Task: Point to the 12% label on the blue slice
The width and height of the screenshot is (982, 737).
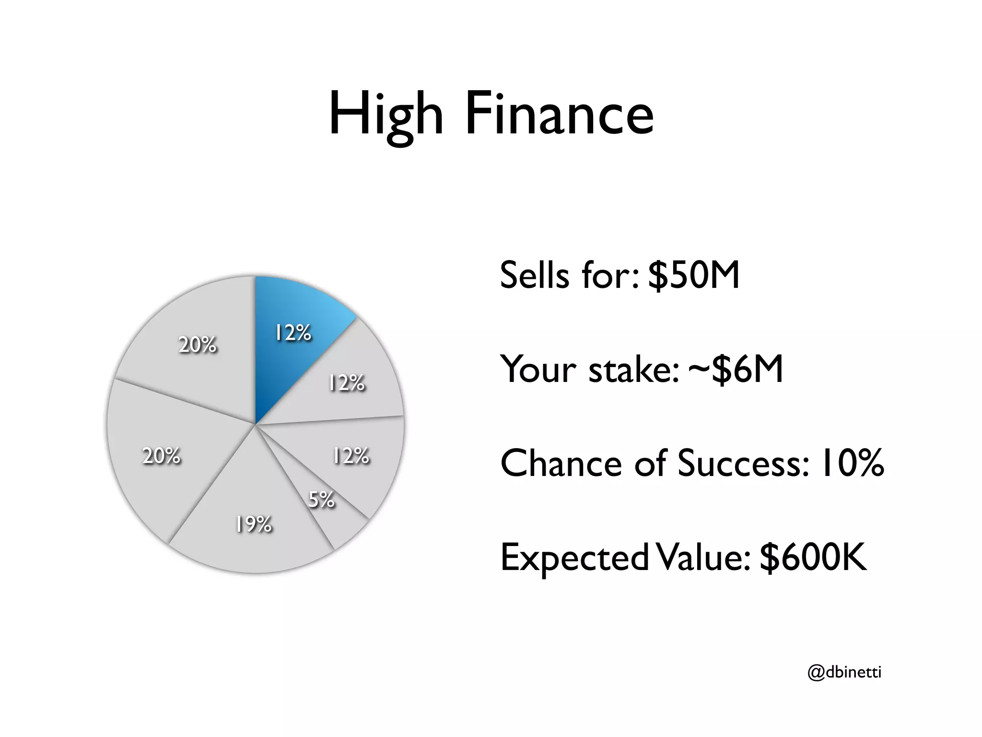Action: pyautogui.click(x=293, y=333)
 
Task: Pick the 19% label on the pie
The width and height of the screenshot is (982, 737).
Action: pyautogui.click(x=254, y=524)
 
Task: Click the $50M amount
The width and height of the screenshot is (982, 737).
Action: pyautogui.click(x=694, y=275)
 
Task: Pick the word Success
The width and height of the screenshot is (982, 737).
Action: pyautogui.click(x=744, y=464)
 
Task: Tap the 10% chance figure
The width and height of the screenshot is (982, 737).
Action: pyautogui.click(x=852, y=464)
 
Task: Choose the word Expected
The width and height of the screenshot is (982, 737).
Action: pyautogui.click(x=574, y=558)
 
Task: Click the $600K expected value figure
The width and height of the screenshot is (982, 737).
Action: pyautogui.click(x=813, y=558)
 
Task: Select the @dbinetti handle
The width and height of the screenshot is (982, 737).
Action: pyautogui.click(x=844, y=672)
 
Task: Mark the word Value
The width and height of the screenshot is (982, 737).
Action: pyautogui.click(x=703, y=558)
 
